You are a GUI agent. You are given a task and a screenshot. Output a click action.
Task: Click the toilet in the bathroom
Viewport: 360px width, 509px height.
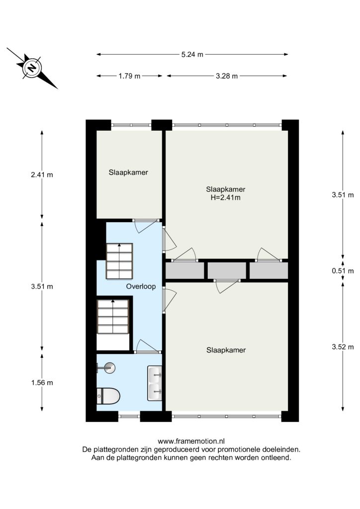pyautogui.click(x=108, y=396)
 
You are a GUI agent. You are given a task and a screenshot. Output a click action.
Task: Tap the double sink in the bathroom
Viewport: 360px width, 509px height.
pyautogui.click(x=155, y=383)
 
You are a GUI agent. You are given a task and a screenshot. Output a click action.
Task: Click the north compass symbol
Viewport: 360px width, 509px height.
pyautogui.click(x=32, y=68)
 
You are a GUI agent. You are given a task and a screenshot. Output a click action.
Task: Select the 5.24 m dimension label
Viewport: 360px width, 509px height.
pyautogui.click(x=192, y=54)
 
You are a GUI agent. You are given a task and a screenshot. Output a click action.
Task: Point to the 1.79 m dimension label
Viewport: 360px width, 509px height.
pyautogui.click(x=129, y=76)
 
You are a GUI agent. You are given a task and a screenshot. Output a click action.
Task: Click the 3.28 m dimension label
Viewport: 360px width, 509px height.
pyautogui.click(x=227, y=76)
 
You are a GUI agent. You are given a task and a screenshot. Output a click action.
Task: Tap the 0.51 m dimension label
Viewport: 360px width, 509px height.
pyautogui.click(x=343, y=271)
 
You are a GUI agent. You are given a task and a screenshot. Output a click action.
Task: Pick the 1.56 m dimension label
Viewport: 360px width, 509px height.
pyautogui.click(x=42, y=383)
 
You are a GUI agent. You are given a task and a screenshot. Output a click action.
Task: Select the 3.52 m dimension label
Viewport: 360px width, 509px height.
pyautogui.click(x=343, y=346)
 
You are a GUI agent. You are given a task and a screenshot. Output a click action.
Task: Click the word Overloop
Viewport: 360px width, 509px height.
pyautogui.click(x=141, y=286)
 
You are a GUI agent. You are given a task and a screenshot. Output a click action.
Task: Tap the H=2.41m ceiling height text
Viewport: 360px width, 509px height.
pyautogui.click(x=226, y=197)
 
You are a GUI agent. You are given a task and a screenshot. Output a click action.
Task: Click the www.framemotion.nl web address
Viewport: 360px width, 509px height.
pyautogui.click(x=191, y=441)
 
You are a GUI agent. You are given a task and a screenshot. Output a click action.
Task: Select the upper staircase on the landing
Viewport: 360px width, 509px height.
pyautogui.click(x=119, y=260)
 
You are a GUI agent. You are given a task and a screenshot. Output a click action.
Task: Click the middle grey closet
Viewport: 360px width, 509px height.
pyautogui.click(x=227, y=270)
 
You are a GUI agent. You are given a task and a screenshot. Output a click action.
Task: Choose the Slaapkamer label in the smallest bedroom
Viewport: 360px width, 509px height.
pyautogui.click(x=128, y=172)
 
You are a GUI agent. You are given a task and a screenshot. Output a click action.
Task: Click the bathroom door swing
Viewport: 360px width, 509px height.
pyautogui.click(x=148, y=346)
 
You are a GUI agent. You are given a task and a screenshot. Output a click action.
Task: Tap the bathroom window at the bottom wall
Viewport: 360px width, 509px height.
pyautogui.click(x=129, y=416)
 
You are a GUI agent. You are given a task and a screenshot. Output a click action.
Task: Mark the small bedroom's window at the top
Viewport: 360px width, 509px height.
pyautogui.click(x=131, y=125)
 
